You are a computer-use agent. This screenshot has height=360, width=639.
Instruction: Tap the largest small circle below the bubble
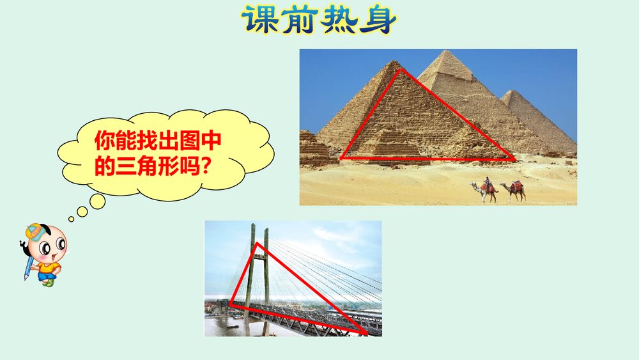(x=97, y=201)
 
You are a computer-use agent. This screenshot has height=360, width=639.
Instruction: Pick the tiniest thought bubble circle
(x=72, y=219)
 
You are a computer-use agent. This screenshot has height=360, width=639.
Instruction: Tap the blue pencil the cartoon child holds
(x=28, y=268)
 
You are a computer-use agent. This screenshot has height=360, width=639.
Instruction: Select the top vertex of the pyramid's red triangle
(x=401, y=70)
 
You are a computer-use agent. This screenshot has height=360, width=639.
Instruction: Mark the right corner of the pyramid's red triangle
(x=514, y=158)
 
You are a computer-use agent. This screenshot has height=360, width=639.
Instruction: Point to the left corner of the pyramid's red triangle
(x=341, y=158)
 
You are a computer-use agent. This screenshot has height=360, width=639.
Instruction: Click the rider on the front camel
(x=486, y=182)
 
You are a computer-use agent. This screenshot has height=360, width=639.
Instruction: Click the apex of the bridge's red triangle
(x=257, y=243)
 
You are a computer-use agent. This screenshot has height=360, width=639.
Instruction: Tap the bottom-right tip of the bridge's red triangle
(x=367, y=333)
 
